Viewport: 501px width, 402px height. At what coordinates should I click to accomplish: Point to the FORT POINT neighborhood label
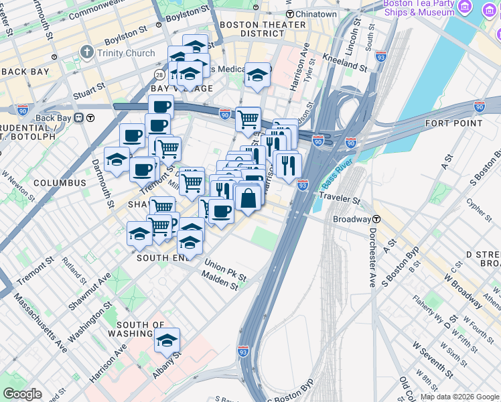point(453,123)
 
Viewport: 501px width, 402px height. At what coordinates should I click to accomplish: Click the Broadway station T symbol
point(376,219)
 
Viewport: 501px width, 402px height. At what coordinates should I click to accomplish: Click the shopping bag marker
point(248,198)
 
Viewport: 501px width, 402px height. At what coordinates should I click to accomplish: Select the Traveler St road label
point(340,199)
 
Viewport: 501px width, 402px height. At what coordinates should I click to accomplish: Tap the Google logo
point(22,394)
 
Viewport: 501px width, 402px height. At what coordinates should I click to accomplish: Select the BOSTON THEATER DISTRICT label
point(253,28)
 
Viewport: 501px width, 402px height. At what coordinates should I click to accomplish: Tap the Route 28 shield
point(159,74)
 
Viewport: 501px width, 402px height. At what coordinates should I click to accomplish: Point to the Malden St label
point(220,281)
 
